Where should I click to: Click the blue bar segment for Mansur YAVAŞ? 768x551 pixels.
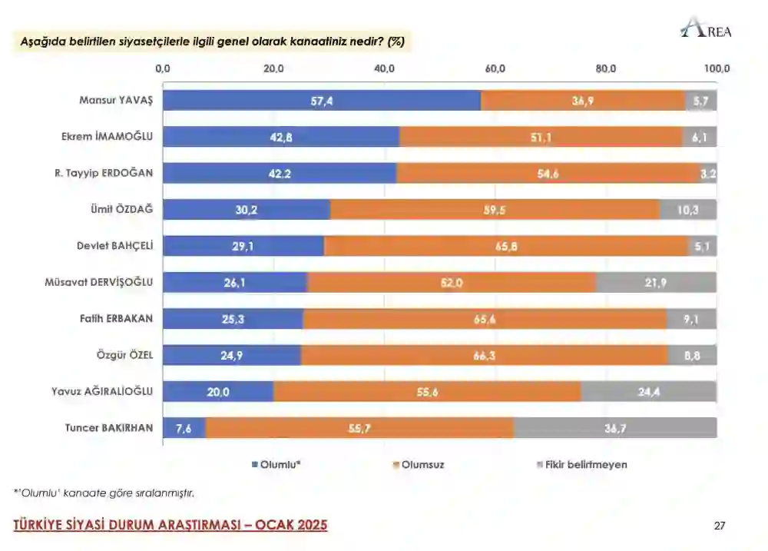(x=322, y=101)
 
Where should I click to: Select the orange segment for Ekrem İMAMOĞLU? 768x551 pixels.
(x=541, y=137)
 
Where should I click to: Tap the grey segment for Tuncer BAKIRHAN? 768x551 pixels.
(x=615, y=428)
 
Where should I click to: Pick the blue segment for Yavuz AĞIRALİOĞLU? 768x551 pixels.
(x=218, y=391)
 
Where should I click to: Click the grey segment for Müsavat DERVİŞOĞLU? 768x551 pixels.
(x=656, y=282)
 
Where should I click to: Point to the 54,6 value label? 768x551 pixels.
(x=548, y=174)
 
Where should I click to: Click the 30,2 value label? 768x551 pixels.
(x=247, y=210)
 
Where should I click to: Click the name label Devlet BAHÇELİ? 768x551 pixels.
(x=114, y=246)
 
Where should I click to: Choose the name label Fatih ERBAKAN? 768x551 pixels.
(x=117, y=318)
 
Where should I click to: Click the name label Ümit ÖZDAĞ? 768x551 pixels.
(x=122, y=210)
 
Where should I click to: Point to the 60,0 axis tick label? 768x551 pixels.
(x=495, y=69)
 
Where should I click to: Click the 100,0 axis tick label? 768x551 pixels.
(x=717, y=69)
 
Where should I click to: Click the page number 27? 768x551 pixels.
(x=719, y=526)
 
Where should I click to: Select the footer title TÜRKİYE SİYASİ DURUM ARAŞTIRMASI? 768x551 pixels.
(x=170, y=525)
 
